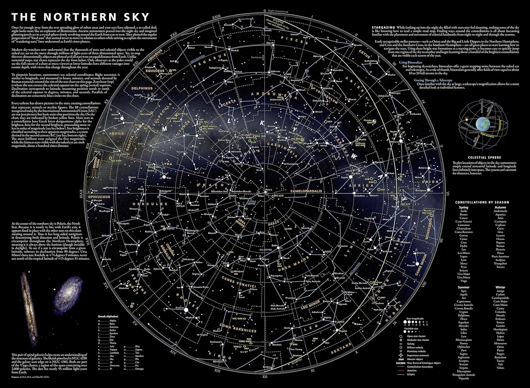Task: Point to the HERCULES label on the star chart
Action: (150, 204)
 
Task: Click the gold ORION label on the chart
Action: (430, 181)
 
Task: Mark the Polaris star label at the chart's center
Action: (269, 190)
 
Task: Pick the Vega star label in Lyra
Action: (169, 178)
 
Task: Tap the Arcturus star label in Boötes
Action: (180, 308)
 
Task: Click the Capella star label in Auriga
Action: (344, 178)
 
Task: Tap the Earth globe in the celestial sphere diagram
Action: (483, 124)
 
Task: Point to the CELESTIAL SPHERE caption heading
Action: (484, 157)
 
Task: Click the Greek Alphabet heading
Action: (108, 317)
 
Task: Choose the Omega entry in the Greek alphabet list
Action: (139, 369)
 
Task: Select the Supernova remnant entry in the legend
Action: (417, 355)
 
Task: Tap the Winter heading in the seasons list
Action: (500, 287)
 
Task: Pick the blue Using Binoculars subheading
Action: (411, 62)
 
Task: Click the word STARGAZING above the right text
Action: (383, 28)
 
